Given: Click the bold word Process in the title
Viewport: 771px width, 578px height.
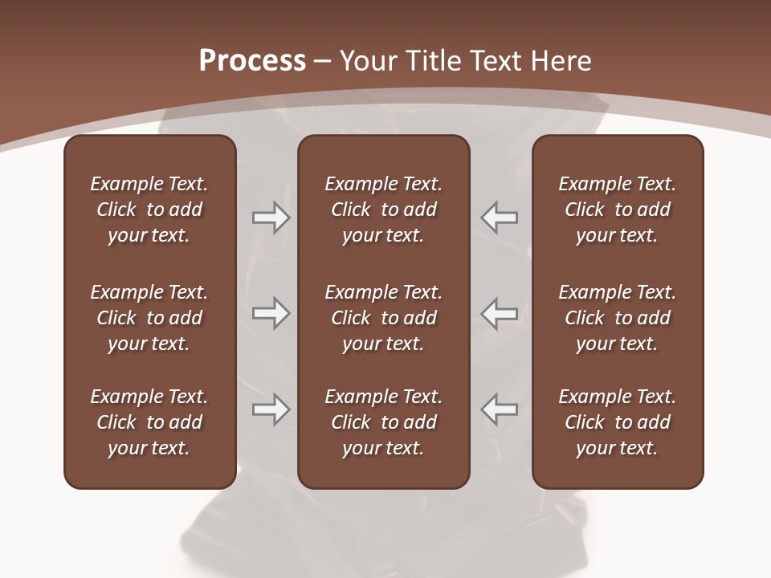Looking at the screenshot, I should tap(252, 61).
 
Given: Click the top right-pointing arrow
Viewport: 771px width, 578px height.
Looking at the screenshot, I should tap(271, 218).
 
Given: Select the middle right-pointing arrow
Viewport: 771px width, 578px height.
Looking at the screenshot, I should tap(271, 313).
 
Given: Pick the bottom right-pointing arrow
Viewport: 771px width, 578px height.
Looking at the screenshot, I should tap(271, 409).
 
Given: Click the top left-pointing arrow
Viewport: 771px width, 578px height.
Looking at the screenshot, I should tap(500, 218).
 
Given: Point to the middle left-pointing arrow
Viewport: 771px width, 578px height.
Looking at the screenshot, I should tap(500, 313).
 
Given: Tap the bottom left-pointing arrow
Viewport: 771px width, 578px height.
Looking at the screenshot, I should tap(500, 409).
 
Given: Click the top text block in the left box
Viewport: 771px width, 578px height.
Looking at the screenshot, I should tap(149, 210).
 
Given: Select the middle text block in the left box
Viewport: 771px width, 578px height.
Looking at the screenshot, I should tap(149, 318).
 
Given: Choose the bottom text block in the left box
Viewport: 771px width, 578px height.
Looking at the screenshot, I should tap(149, 422).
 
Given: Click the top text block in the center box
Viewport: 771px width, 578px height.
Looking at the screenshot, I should tap(383, 210).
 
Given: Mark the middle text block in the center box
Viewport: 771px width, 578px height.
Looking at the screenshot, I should tap(383, 318).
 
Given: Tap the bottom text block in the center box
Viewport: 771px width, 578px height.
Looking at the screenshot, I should tap(383, 422).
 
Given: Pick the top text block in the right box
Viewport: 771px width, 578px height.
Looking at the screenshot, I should tap(617, 210).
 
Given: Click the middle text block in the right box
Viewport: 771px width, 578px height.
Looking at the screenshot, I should tap(617, 318).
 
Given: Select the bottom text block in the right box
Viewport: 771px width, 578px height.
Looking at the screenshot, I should tap(617, 422).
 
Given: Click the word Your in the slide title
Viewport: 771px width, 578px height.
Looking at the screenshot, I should tap(365, 61).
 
